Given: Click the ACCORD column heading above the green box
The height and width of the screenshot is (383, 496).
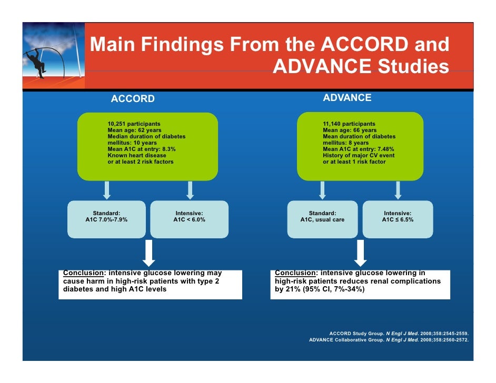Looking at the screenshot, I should (133, 99).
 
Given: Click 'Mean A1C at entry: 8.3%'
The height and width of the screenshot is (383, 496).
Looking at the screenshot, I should (142, 149).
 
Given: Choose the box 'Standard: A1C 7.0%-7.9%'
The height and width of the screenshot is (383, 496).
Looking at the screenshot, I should (106, 219).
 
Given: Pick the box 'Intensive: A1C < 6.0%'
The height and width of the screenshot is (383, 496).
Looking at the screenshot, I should (189, 219).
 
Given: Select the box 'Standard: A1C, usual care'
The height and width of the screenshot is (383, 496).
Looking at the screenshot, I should (322, 219).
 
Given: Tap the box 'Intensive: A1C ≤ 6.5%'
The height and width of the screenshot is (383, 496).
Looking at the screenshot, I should (398, 219).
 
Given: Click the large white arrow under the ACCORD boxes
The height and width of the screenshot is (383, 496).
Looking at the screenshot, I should (149, 253).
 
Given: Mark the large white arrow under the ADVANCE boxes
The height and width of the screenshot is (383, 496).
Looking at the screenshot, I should (360, 253).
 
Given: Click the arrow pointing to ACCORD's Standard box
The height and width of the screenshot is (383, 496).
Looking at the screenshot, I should (107, 190).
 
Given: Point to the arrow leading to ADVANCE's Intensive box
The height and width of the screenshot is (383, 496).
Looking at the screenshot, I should (398, 190).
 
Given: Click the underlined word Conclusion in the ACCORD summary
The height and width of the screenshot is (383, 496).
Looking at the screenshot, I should (81, 273).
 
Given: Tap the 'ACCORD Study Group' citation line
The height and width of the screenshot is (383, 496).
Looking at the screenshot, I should (398, 334).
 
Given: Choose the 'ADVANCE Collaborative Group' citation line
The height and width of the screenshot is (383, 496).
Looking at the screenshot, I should (389, 340).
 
